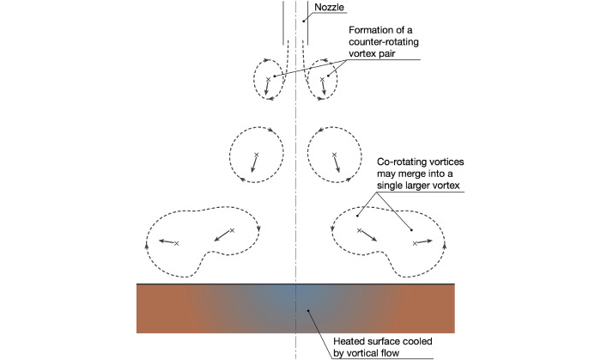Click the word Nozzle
[x=329, y=7]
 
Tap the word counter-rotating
[x=383, y=42]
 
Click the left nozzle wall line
[x=283, y=23]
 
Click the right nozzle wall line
[x=307, y=23]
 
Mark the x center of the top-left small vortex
[x=268, y=79]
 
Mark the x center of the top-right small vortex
[x=322, y=79]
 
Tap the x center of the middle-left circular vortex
[x=257, y=155]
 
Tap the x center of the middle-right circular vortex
[x=334, y=155]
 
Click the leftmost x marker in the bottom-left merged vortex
[x=176, y=243]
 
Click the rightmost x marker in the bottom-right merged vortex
[x=415, y=243]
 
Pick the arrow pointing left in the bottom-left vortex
[x=167, y=241]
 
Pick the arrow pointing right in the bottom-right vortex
[x=425, y=241]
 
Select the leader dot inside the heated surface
[x=308, y=310]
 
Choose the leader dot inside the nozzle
[x=304, y=21]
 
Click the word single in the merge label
[x=390, y=186]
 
